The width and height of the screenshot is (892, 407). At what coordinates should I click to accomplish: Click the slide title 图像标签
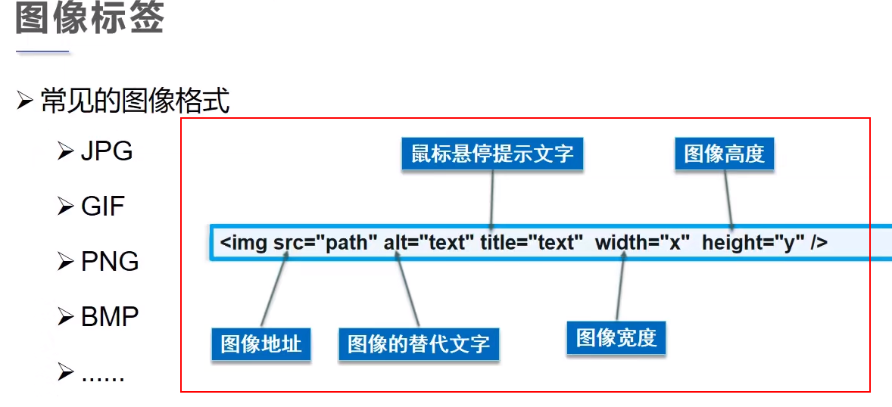point(89,18)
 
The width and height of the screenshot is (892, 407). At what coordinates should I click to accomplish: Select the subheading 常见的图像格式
point(135,101)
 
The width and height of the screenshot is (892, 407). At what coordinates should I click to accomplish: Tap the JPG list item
point(107,151)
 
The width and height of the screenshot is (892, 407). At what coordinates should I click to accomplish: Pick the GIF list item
point(103,206)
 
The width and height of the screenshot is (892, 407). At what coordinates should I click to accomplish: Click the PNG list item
point(110,261)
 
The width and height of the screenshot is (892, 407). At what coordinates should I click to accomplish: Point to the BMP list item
point(110,316)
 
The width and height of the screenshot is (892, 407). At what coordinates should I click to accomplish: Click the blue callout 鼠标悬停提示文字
point(492,154)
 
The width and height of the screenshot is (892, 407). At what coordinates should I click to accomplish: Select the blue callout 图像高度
point(724,154)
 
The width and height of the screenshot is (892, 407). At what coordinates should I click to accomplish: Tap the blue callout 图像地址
point(260,344)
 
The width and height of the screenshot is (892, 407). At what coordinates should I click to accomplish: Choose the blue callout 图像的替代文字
point(418,344)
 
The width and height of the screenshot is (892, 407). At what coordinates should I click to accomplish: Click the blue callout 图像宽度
point(616,337)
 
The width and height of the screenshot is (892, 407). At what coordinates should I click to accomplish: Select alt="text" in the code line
point(429,243)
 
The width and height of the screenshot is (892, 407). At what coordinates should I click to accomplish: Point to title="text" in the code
point(531,243)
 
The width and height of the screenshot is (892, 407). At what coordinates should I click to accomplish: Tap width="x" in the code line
point(642,243)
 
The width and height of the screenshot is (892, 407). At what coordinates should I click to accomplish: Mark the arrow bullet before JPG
point(64,152)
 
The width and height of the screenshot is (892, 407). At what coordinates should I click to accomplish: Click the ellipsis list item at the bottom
point(103,374)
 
